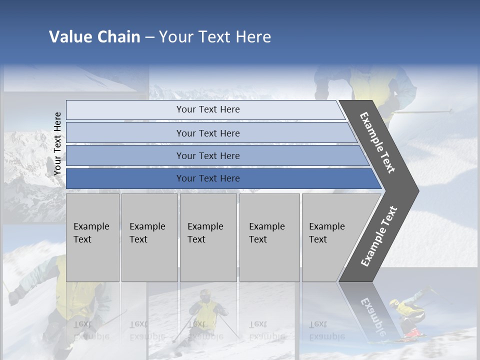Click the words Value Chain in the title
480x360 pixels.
tap(94, 37)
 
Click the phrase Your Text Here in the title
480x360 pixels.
tap(215, 37)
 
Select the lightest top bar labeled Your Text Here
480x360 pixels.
tap(207, 109)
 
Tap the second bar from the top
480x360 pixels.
tap(207, 133)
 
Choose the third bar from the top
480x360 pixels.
tap(207, 155)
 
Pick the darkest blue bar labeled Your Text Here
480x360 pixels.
tap(207, 178)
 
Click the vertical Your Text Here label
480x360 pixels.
tap(58, 143)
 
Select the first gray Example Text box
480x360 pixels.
tap(92, 237)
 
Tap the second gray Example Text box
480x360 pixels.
tap(149, 237)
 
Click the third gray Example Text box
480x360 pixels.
tap(207, 237)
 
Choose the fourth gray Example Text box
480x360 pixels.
tap(269, 237)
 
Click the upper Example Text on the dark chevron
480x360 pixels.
tap(377, 142)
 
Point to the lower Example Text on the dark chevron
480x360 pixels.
tap(378, 236)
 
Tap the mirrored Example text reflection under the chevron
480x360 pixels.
tap(372, 315)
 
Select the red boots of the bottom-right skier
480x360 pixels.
tap(413, 331)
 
